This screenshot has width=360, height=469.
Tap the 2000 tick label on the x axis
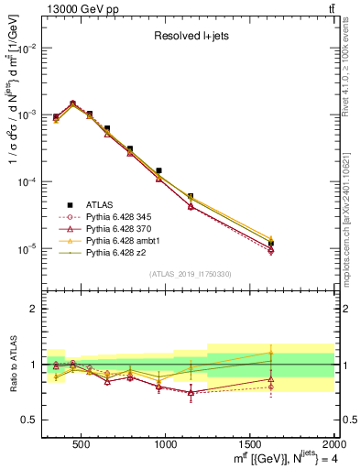[x=333, y=444]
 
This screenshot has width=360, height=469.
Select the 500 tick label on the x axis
[x=82, y=444]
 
